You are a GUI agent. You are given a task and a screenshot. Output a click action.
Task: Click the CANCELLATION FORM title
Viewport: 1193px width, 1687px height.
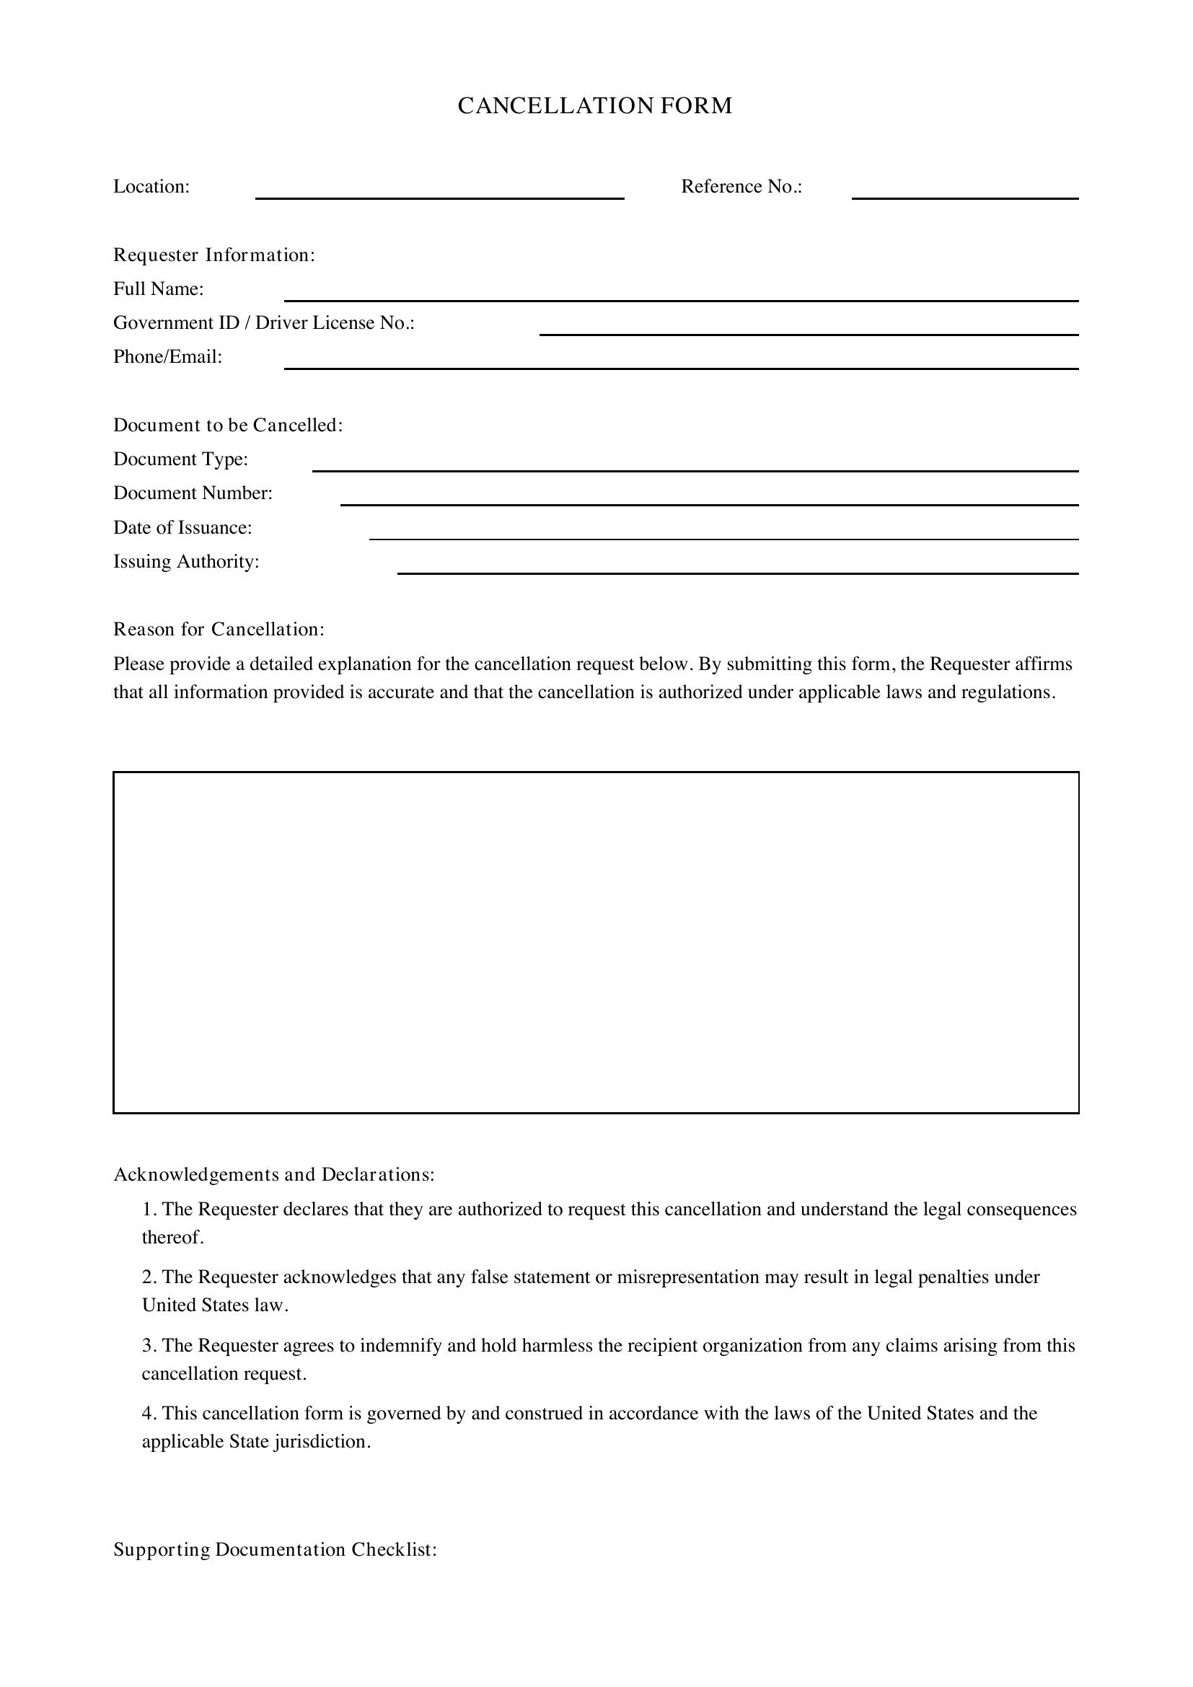coord(595,106)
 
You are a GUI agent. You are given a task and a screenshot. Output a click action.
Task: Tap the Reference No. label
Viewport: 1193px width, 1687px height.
coord(741,187)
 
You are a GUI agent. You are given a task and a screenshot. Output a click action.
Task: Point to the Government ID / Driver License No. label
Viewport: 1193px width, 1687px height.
coord(264,323)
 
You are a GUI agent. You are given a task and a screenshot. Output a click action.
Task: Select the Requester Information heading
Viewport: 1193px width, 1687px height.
coord(213,255)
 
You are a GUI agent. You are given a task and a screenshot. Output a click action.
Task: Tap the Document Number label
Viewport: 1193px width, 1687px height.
coord(193,493)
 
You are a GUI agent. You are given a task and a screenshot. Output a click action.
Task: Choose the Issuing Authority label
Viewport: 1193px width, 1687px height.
coord(186,562)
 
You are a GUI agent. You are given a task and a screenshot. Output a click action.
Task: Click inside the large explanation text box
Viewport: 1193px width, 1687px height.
coord(595,942)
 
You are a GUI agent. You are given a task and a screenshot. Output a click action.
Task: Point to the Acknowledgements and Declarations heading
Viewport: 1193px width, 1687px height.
coord(273,1175)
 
